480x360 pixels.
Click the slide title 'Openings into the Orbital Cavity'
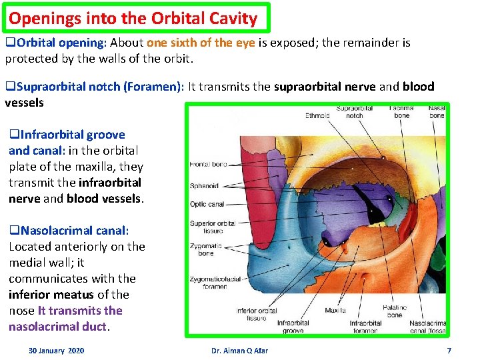pyautogui.click(x=133, y=18)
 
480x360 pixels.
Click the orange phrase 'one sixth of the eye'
pyautogui.click(x=197, y=43)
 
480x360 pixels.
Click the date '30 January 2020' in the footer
pyautogui.click(x=57, y=351)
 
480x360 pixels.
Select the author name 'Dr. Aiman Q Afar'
pyautogui.click(x=239, y=351)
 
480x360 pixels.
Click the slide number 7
pyautogui.click(x=449, y=351)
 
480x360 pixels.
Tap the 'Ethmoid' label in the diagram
pyautogui.click(x=317, y=115)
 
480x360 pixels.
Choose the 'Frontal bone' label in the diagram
pyautogui.click(x=209, y=164)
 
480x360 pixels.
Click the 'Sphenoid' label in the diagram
pyautogui.click(x=204, y=187)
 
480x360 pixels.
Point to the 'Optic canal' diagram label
pyautogui.click(x=207, y=204)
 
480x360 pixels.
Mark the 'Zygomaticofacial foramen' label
pyautogui.click(x=217, y=282)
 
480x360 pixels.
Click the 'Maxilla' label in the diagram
pyautogui.click(x=335, y=310)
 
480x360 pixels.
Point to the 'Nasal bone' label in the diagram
pyautogui.click(x=437, y=111)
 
